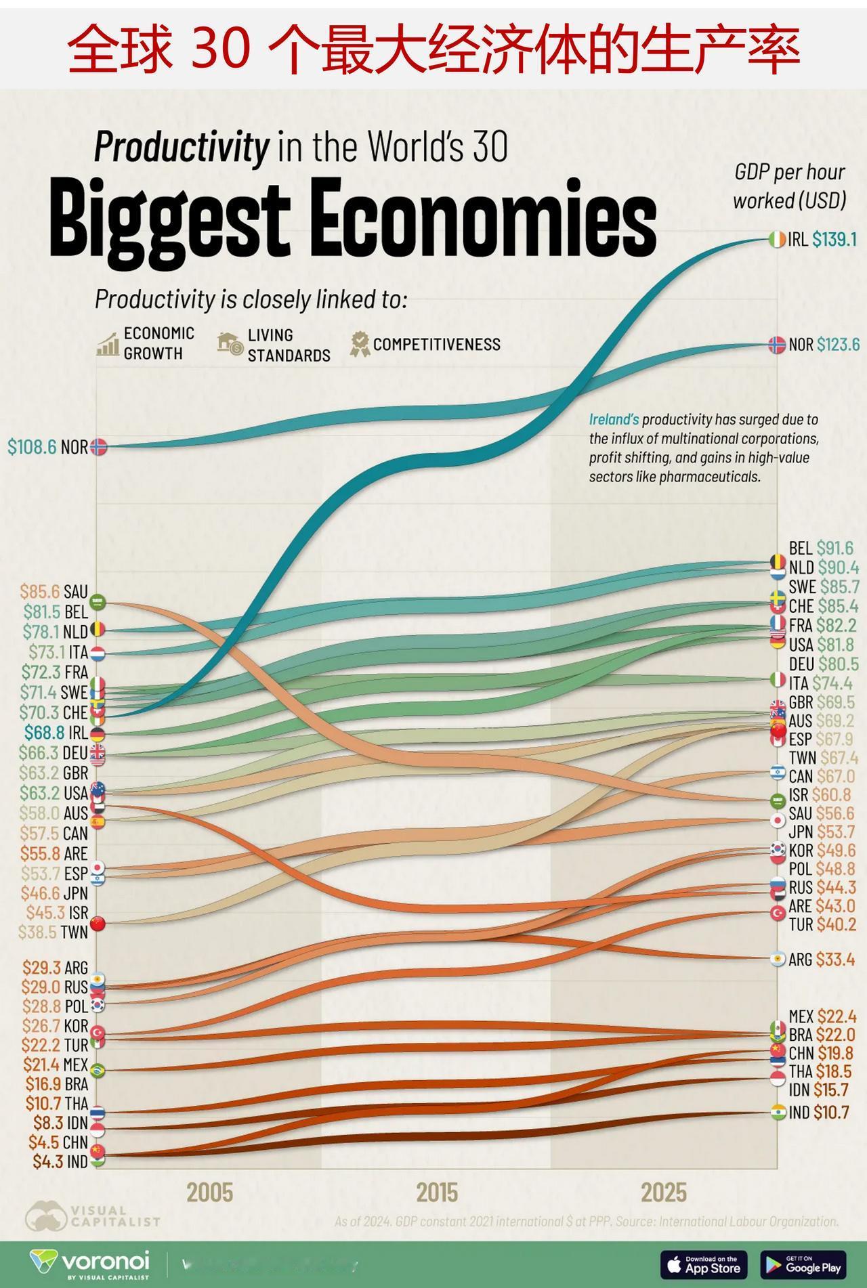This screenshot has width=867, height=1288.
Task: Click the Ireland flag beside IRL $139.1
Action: tap(777, 239)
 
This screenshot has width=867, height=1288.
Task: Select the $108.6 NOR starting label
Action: tap(47, 447)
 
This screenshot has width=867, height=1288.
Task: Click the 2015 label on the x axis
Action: tap(437, 1192)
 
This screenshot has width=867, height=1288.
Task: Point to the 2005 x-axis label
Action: tap(210, 1192)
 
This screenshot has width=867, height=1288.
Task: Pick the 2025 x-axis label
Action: tap(664, 1192)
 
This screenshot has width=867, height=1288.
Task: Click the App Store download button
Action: tap(703, 1264)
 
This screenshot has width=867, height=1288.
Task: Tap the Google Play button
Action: tap(803, 1264)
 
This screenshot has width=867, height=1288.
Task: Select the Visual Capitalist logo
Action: tap(93, 1216)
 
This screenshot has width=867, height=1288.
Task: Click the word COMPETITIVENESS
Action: tap(437, 344)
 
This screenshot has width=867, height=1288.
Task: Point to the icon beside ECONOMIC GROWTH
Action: tap(107, 344)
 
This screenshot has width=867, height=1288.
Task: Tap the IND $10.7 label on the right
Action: tap(818, 1112)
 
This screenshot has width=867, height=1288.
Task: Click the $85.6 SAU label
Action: tap(54, 592)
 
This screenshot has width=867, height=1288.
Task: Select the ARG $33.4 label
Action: tap(821, 959)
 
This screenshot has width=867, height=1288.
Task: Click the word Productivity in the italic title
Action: tap(182, 146)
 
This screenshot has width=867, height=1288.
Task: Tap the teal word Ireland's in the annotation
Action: tap(614, 420)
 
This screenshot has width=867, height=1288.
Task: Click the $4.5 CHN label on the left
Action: tap(58, 1142)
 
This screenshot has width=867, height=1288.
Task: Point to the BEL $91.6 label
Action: tap(821, 548)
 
